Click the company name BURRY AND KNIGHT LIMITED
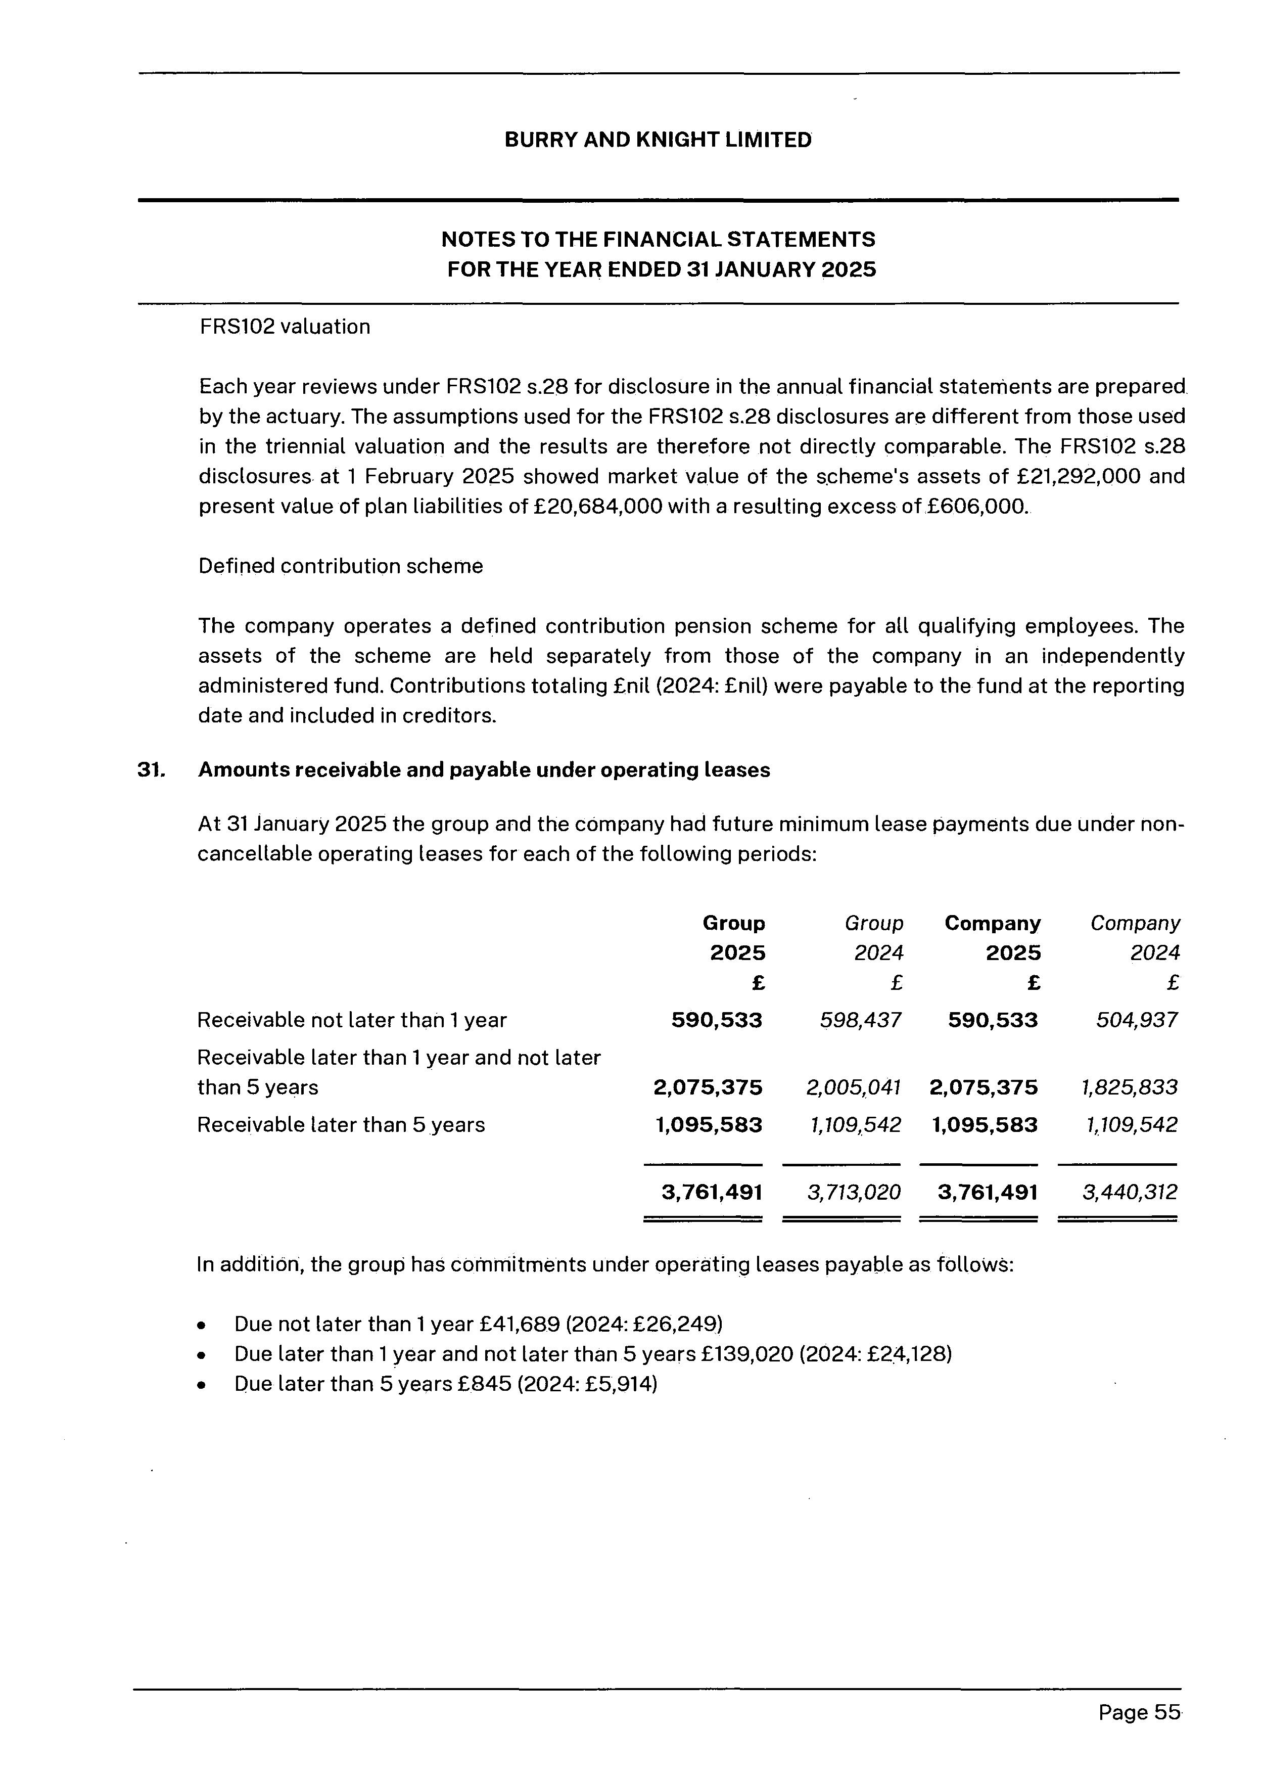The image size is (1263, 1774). click(x=658, y=140)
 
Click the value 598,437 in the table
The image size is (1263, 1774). click(x=861, y=1020)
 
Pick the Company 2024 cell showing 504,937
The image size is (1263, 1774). click(x=1137, y=1020)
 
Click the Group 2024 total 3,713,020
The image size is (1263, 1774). click(x=854, y=1192)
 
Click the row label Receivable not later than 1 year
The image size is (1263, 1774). click(x=352, y=1020)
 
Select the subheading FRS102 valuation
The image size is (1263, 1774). click(x=285, y=327)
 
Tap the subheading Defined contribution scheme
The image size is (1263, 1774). click(x=341, y=566)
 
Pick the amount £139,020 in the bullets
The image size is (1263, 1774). click(x=746, y=1354)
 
